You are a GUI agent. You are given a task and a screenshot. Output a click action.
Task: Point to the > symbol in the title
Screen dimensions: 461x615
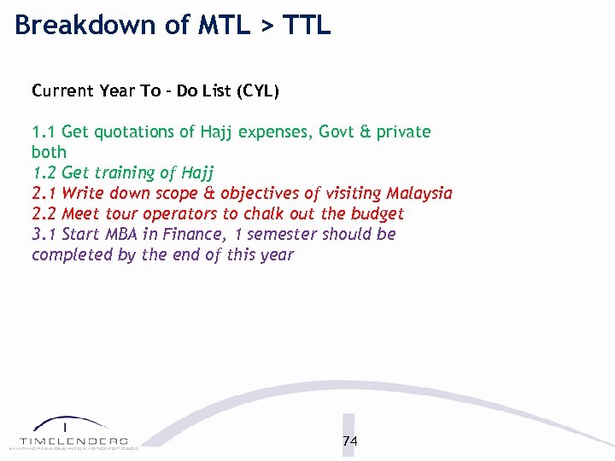(x=265, y=26)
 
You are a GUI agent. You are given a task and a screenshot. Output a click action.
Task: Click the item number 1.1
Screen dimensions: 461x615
(x=44, y=132)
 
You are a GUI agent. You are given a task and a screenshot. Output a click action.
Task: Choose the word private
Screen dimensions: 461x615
(x=403, y=132)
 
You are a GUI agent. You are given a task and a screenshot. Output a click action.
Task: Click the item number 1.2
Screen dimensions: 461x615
(x=44, y=173)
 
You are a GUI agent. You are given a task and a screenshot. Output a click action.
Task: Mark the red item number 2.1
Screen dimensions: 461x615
(x=44, y=194)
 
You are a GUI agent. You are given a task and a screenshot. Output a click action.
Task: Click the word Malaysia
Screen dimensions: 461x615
(x=419, y=194)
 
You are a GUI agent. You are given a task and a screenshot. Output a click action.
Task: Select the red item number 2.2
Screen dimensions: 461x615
(x=44, y=214)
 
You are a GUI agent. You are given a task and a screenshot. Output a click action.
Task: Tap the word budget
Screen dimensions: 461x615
(x=376, y=214)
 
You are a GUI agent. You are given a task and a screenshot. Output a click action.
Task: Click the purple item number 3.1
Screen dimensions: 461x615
(x=44, y=235)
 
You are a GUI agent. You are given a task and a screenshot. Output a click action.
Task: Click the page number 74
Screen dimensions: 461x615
(x=350, y=441)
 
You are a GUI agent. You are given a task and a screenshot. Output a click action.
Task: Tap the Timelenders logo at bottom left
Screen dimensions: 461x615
(x=73, y=434)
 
